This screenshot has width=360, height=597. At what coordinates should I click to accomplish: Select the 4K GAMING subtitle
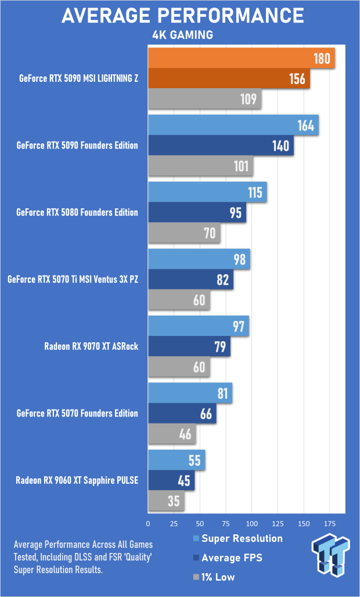pyautogui.click(x=182, y=35)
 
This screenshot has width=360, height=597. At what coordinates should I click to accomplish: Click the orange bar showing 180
pyautogui.click(x=242, y=58)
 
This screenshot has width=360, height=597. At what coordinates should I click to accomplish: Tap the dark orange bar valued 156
pyautogui.click(x=229, y=78)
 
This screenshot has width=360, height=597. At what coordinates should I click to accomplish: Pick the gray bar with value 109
pyautogui.click(x=204, y=99)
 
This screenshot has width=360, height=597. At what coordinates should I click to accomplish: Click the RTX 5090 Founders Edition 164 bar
pyautogui.click(x=233, y=125)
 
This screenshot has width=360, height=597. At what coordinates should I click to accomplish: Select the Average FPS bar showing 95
pyautogui.click(x=197, y=212)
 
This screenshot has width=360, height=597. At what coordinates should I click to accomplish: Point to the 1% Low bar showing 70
pyautogui.click(x=184, y=233)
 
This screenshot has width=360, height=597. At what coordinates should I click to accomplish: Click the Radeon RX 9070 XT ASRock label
pyautogui.click(x=91, y=347)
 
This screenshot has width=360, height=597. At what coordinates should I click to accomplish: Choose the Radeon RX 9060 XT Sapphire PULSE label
pyautogui.click(x=77, y=480)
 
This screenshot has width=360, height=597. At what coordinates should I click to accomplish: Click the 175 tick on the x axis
pyautogui.click(x=329, y=524)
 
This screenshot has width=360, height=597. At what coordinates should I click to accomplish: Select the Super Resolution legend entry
pyautogui.click(x=242, y=538)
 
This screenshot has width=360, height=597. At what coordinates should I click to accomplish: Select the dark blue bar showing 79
pyautogui.click(x=189, y=346)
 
